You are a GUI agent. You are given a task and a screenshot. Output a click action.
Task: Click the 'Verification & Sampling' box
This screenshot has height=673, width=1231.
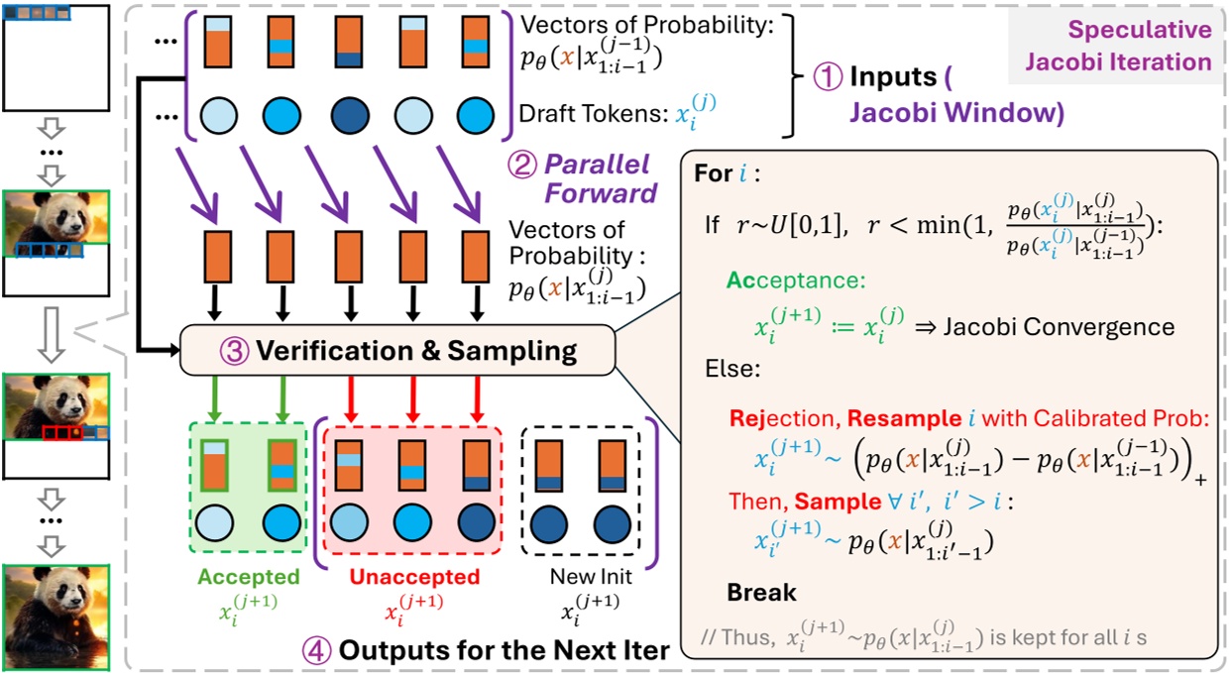click(397, 352)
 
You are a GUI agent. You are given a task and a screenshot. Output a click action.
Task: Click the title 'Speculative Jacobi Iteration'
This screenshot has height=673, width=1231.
click(1118, 47)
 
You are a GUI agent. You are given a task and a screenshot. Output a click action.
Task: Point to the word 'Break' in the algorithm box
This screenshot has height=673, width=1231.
click(761, 592)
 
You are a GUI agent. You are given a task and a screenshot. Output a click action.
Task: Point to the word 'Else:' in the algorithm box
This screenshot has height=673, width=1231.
click(730, 370)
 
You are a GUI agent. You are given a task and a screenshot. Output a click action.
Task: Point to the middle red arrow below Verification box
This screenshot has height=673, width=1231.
click(412, 398)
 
